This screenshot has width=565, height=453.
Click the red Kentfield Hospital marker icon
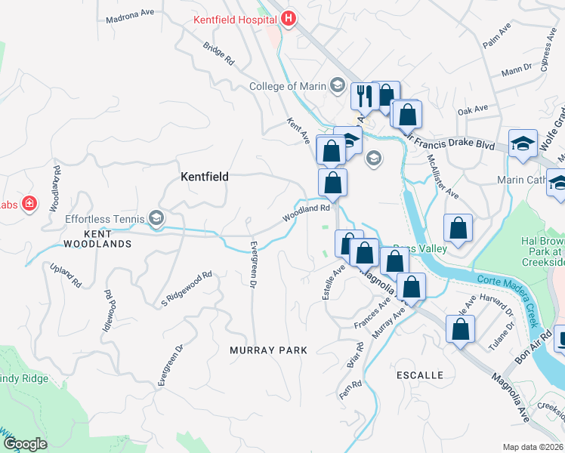288,19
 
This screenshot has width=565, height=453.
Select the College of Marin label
289,86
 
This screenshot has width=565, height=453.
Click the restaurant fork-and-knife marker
364,95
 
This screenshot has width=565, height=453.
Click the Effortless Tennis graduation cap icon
156,219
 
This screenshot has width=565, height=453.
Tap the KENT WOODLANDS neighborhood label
90,239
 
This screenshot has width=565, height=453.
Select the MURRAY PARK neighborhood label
268,350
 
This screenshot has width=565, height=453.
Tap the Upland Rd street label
66,276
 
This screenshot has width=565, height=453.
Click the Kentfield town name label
204,176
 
